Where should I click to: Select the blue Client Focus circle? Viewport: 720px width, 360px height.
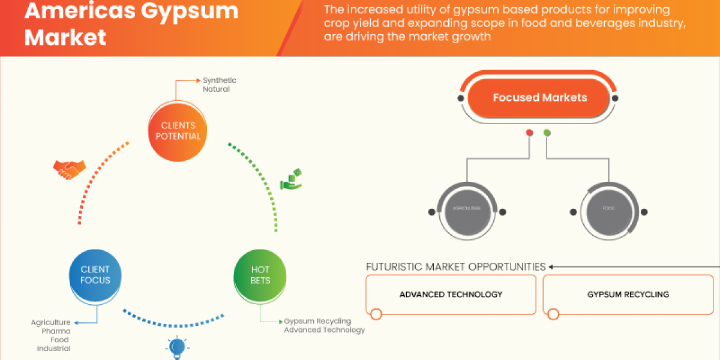pyautogui.click(x=95, y=275)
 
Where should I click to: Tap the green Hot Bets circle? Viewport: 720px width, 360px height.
pyautogui.click(x=260, y=275)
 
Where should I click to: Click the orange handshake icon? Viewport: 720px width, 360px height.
pyautogui.click(x=69, y=170)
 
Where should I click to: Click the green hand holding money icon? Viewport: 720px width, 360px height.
pyautogui.click(x=291, y=181)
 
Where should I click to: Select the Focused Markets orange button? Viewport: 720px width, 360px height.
pyautogui.click(x=539, y=98)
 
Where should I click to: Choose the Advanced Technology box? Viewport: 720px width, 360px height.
pyautogui.click(x=451, y=295)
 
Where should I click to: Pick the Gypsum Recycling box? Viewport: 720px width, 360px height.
pyautogui.click(x=628, y=295)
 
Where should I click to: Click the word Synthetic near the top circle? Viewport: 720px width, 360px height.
pyautogui.click(x=219, y=80)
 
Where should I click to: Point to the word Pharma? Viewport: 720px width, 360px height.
pyautogui.click(x=55, y=331)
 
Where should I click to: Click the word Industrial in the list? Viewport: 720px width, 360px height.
pyautogui.click(x=53, y=349)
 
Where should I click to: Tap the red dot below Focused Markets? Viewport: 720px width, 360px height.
pyautogui.click(x=529, y=133)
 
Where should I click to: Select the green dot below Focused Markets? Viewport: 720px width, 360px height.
pyautogui.click(x=547, y=133)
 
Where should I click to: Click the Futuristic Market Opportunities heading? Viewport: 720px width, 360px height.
pyautogui.click(x=455, y=266)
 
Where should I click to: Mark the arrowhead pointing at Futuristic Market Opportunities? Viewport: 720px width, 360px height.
pyautogui.click(x=551, y=266)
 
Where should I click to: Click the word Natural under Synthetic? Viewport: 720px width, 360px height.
pyautogui.click(x=216, y=89)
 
